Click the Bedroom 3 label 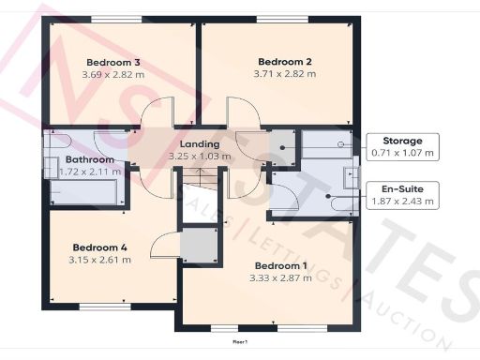tap(106, 62)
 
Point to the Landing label tap(199, 143)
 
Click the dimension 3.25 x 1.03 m tap(199, 157)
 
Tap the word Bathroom tap(63, 160)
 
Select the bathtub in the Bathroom tap(82, 192)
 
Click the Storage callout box tap(402, 145)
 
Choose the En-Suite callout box tap(402, 194)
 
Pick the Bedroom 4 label tap(99, 247)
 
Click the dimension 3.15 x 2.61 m tap(99, 260)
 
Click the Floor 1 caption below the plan tap(241, 342)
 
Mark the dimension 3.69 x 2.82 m tap(106, 75)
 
